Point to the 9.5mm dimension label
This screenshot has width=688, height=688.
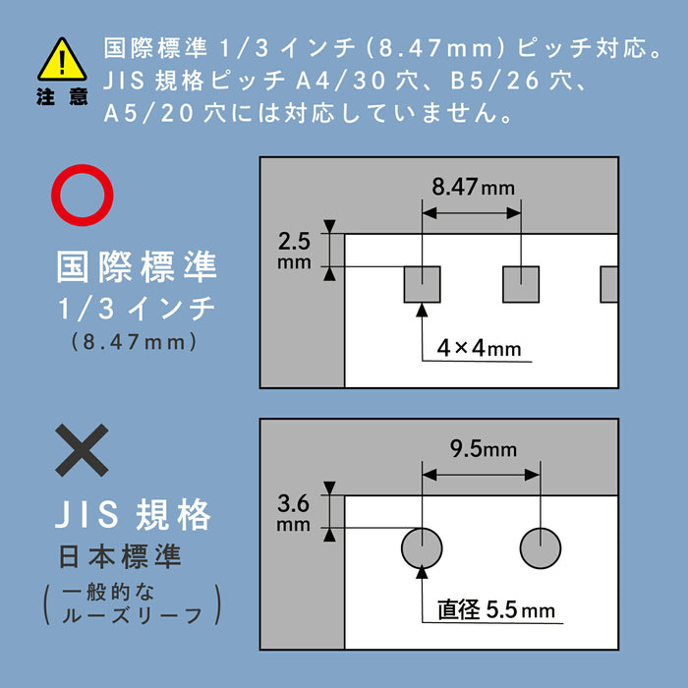click(483, 450)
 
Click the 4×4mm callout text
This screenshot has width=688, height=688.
click(479, 348)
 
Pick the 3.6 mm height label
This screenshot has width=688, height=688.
click(295, 513)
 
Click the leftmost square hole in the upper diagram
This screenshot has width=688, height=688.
click(423, 284)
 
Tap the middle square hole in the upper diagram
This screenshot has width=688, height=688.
click(521, 284)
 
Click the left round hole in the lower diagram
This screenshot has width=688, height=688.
click(422, 547)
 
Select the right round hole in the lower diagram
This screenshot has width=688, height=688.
click(540, 547)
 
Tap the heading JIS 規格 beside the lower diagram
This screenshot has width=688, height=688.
click(134, 514)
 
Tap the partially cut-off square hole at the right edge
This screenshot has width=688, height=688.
click(609, 284)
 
